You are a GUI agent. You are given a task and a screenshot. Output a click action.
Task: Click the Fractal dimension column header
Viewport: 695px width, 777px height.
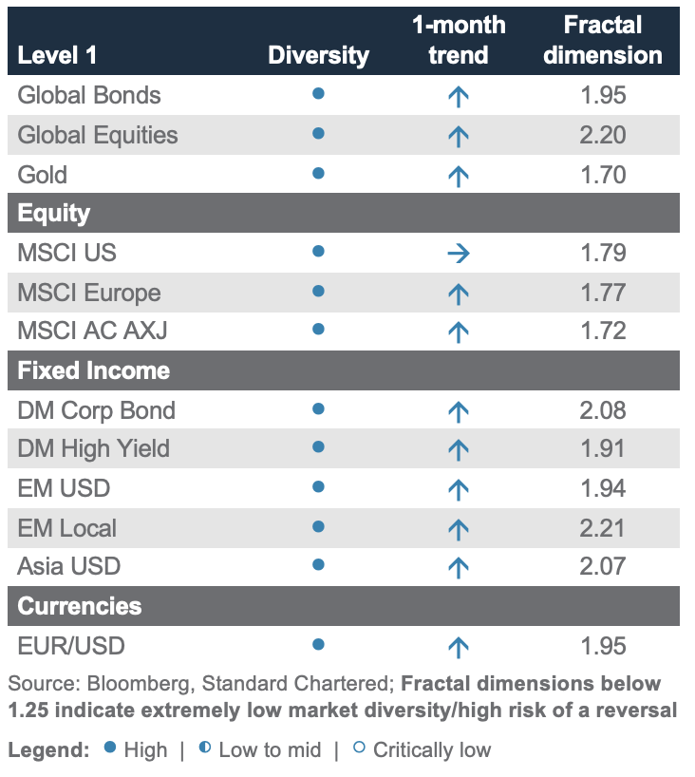point(603,40)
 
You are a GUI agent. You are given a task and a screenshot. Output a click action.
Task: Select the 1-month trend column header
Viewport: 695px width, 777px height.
point(459,40)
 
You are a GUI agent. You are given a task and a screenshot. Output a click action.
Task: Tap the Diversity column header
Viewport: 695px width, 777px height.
point(318,55)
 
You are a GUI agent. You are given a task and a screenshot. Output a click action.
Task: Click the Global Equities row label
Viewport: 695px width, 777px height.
point(98,135)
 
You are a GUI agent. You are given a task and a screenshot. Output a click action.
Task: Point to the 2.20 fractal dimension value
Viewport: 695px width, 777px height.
point(603,135)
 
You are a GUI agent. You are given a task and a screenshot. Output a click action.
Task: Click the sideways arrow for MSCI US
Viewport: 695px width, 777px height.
point(459,253)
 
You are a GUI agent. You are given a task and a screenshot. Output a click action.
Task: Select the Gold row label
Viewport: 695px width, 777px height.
point(43,175)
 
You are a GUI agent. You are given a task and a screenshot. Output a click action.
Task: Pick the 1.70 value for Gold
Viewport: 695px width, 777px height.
point(603,175)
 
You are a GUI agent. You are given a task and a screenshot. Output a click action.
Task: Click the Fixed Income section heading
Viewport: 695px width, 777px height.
point(94,370)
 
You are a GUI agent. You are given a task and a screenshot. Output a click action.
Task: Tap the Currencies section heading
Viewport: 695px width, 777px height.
point(80,606)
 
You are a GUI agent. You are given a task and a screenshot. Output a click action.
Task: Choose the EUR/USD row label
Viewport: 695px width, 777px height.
point(71,646)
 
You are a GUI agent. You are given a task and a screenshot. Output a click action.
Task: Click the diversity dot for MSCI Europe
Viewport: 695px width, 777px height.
point(319,291)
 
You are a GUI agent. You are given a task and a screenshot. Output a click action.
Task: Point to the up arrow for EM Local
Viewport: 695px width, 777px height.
point(459,528)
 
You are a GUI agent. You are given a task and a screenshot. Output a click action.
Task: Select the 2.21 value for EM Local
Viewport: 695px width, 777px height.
point(603,528)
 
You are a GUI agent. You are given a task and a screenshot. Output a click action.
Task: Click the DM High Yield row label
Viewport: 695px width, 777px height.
point(93,448)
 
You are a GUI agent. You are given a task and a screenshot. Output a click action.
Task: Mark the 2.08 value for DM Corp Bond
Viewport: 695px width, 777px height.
point(603,410)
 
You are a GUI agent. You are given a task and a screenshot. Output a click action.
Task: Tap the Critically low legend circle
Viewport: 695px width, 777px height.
point(359,748)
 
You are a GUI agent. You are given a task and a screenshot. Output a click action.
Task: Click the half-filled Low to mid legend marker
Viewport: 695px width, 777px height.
point(205,748)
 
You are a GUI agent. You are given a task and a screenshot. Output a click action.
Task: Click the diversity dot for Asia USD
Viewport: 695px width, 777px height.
point(319,565)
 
